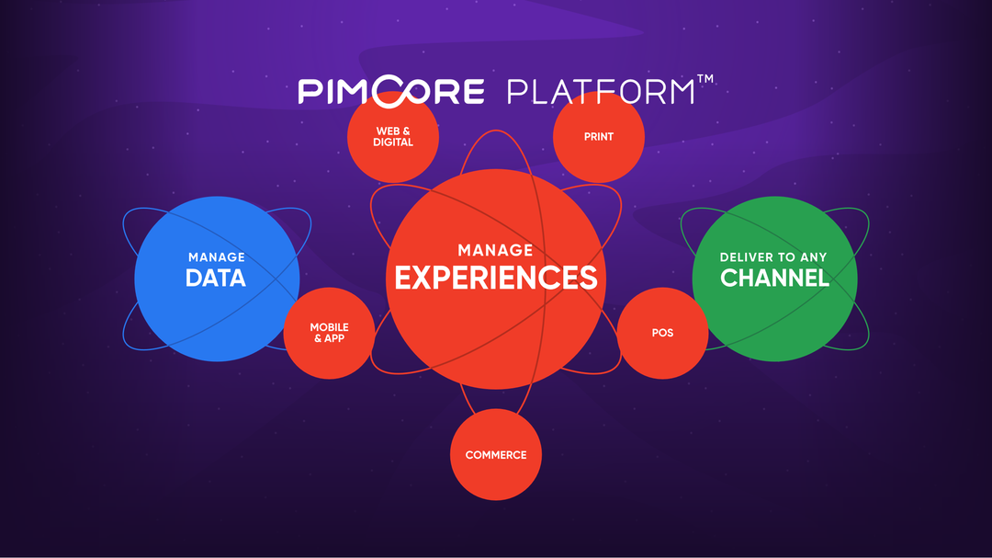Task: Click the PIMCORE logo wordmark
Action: pos(391,91)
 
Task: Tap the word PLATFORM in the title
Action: pos(601,92)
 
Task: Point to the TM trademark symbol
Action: pos(705,79)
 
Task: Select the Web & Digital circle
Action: pos(393,137)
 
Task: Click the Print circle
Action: pos(599,137)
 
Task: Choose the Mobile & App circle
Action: pos(329,333)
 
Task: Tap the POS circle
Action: pos(662,333)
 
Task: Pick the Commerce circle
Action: pos(496,455)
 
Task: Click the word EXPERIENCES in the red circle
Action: pos(495,278)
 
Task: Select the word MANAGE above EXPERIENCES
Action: pos(495,250)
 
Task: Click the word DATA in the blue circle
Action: pos(216,278)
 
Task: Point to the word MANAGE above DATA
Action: pos(217,257)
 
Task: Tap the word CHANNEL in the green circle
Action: pos(774,278)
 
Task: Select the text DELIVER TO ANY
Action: pos(773,257)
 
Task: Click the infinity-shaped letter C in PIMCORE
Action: pos(397,91)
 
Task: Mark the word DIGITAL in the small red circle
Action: pos(393,142)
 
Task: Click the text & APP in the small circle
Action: pos(329,339)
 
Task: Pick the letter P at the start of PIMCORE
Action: pos(308,92)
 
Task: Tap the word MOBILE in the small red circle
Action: pos(329,327)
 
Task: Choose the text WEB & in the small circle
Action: pos(393,131)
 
